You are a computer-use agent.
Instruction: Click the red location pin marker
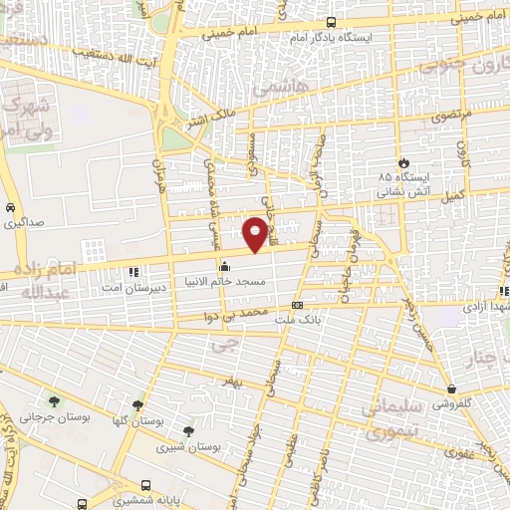click(x=256, y=234)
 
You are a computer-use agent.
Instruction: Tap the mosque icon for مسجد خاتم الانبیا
click(x=223, y=266)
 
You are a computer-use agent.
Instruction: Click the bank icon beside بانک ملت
click(x=297, y=306)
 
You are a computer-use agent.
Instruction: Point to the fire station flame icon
click(x=402, y=161)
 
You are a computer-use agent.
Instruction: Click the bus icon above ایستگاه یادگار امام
click(x=332, y=23)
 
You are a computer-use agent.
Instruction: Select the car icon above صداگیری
click(x=9, y=208)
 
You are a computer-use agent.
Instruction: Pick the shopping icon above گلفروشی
click(x=453, y=389)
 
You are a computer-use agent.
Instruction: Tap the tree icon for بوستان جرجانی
click(x=54, y=402)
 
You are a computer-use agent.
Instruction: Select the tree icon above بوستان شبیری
click(x=189, y=430)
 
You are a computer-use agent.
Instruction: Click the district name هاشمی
click(x=274, y=90)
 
